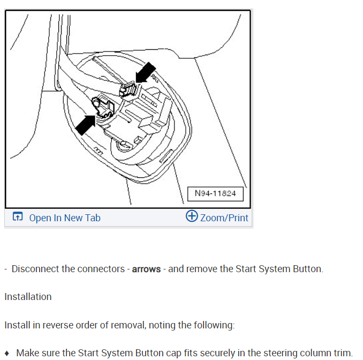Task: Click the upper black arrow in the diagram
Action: click(145, 72)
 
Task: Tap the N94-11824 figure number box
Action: click(215, 193)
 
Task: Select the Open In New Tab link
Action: click(64, 217)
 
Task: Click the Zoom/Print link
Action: click(224, 217)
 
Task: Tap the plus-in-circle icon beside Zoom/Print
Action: click(192, 216)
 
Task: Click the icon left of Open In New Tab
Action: click(18, 217)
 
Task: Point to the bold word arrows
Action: click(147, 269)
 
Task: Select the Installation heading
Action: click(28, 297)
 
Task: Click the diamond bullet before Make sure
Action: click(7, 353)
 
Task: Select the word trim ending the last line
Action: click(342, 353)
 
